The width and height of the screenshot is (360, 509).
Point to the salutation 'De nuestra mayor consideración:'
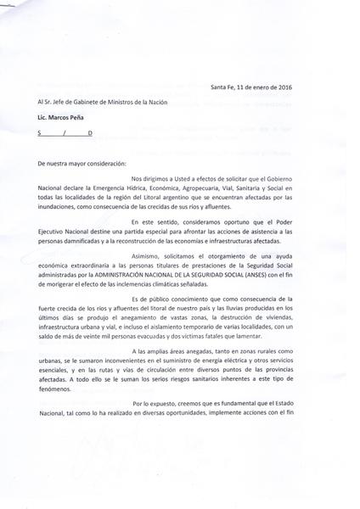82,161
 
